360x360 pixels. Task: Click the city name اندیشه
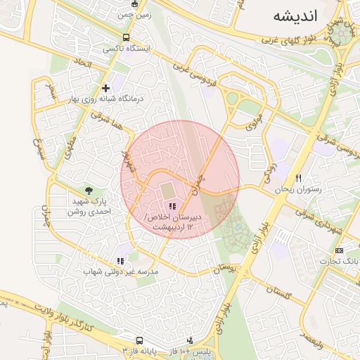[x=295, y=16]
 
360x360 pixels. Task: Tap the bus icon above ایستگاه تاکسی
[x=126, y=37]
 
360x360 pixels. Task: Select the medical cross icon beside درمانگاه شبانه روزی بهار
[x=105, y=89]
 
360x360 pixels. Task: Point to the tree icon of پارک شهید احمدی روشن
[x=89, y=191]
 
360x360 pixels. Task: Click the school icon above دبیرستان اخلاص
[x=173, y=206]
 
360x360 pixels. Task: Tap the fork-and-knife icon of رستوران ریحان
[x=299, y=178]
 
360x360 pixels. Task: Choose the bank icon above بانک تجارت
[x=340, y=250]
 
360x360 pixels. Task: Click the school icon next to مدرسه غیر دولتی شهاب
[x=120, y=261]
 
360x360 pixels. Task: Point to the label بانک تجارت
[x=340, y=261]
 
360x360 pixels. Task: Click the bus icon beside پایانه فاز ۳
[x=126, y=349]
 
